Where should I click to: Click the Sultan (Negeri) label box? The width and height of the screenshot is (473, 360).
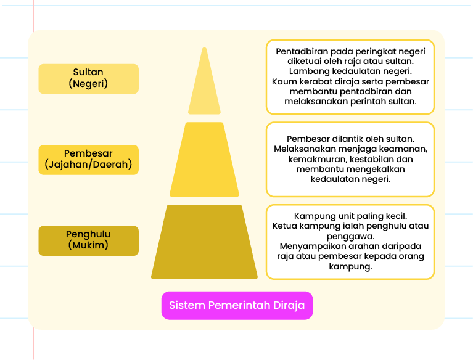89,79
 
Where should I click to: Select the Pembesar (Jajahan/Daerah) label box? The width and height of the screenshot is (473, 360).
89,160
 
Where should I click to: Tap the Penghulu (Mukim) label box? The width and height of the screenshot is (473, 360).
89,240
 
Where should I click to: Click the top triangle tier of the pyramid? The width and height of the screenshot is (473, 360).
204,88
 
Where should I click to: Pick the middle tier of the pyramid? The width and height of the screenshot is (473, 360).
204,160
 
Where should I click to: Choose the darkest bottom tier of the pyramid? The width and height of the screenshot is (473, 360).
204,242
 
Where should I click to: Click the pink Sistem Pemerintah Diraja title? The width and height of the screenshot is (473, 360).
237,305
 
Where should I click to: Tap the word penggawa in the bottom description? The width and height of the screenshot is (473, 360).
350,236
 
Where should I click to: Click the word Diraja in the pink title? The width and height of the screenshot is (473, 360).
289,305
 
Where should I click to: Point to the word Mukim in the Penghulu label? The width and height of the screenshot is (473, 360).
88,245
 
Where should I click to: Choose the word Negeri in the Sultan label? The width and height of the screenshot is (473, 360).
88,83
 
